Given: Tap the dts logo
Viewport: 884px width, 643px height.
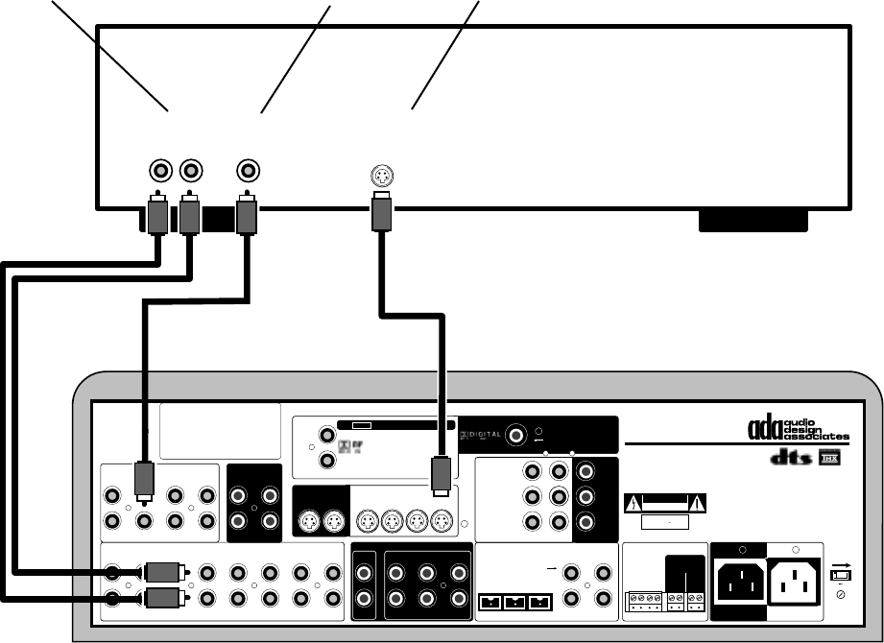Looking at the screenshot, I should pyautogui.click(x=789, y=462).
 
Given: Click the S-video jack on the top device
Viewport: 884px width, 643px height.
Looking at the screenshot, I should pyautogui.click(x=382, y=176).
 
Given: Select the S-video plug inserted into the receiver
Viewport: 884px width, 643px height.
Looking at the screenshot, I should pyautogui.click(x=441, y=474).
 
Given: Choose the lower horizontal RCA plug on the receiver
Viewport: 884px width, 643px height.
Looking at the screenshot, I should pyautogui.click(x=156, y=599).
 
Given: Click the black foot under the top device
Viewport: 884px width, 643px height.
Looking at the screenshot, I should pyautogui.click(x=753, y=223).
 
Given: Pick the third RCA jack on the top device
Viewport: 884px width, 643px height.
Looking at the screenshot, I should pyautogui.click(x=249, y=172).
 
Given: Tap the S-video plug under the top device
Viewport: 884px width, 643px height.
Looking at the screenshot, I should pyautogui.click(x=382, y=212).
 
